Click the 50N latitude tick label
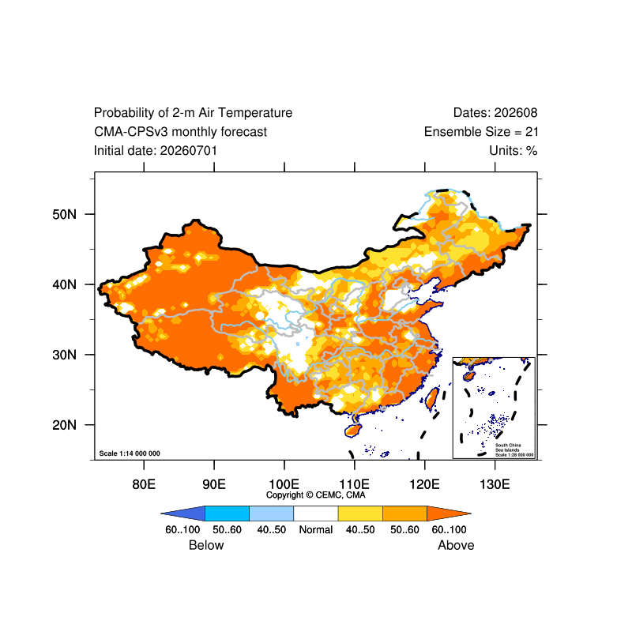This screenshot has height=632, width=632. (x=64, y=214)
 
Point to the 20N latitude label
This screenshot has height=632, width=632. (x=64, y=425)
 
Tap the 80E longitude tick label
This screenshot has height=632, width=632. (x=144, y=483)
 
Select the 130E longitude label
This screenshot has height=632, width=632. (x=495, y=483)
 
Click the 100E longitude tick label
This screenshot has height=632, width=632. (x=284, y=483)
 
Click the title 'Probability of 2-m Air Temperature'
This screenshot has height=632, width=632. (x=193, y=113)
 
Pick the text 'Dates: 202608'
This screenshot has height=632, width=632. (x=495, y=113)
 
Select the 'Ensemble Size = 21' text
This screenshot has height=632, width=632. (x=481, y=132)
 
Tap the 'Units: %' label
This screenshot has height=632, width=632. (x=513, y=151)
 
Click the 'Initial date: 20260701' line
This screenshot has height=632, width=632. (x=156, y=151)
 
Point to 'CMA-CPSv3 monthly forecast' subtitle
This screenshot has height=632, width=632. (x=181, y=132)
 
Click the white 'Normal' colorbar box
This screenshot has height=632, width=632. (x=315, y=513)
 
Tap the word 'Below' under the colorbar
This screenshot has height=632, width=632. (x=206, y=545)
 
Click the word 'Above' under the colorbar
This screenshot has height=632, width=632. (x=456, y=545)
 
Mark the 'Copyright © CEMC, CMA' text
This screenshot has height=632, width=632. (x=315, y=495)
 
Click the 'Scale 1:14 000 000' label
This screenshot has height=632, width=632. (x=130, y=453)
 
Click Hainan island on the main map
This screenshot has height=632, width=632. (x=352, y=430)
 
